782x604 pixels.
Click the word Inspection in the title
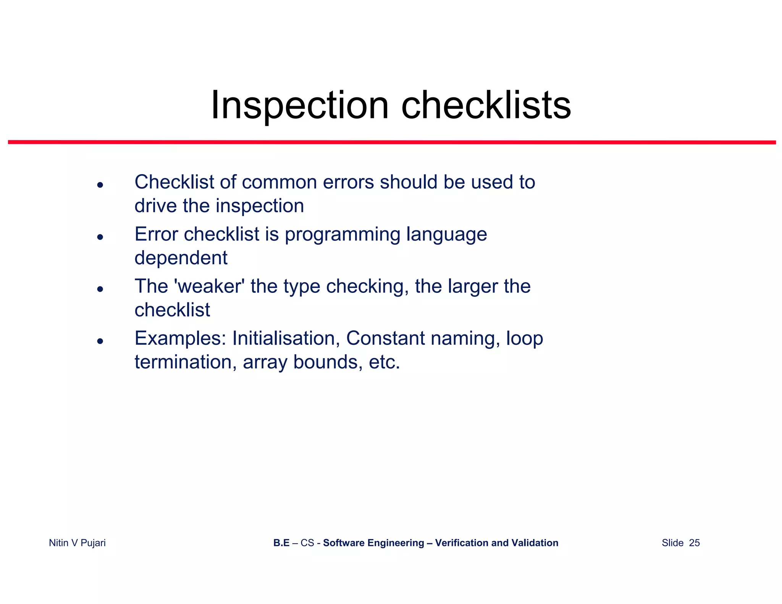click(x=300, y=105)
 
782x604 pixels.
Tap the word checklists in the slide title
click(x=486, y=105)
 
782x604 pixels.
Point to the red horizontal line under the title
click(x=392, y=142)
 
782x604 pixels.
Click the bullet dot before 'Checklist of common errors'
click(x=100, y=185)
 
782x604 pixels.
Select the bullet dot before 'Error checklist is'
click(x=100, y=237)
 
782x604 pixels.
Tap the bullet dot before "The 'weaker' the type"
click(x=100, y=289)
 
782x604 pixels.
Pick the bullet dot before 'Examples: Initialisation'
click(x=100, y=341)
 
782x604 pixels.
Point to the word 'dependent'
click(x=181, y=258)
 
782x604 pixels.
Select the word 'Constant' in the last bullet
click(x=385, y=338)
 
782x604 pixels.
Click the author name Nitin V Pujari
click(x=77, y=543)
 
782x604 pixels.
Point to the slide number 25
click(x=694, y=543)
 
